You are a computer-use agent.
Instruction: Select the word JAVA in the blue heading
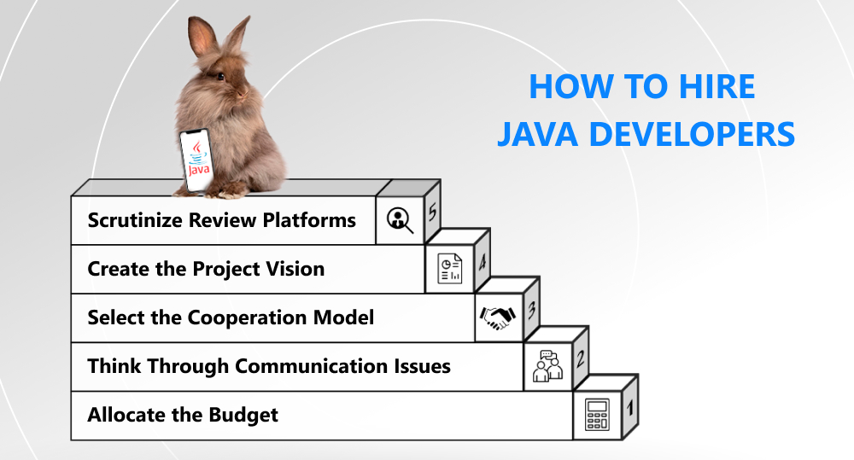click(533, 135)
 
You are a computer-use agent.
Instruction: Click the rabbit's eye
click(219, 76)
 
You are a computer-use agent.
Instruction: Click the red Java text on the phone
click(198, 170)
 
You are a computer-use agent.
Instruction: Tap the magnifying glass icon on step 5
click(400, 220)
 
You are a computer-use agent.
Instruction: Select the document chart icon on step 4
click(449, 269)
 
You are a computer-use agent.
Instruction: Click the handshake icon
click(498, 317)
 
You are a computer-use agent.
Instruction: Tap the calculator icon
click(595, 416)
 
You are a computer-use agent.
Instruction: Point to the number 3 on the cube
click(531, 311)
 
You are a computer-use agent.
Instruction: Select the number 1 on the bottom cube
click(630, 408)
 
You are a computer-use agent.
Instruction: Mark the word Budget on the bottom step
click(243, 415)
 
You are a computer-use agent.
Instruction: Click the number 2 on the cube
click(581, 359)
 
